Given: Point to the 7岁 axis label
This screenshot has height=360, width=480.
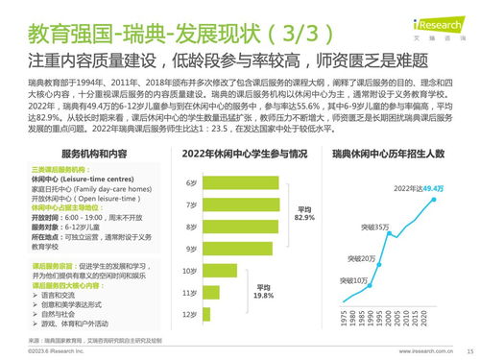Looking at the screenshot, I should pyautogui.click(x=191, y=204).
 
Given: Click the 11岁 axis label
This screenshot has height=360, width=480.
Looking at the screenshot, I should pyautogui.click(x=190, y=292).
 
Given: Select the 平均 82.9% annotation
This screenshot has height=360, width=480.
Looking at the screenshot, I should pyautogui.click(x=305, y=215).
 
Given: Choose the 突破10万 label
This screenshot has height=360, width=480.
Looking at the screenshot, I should pyautogui.click(x=354, y=279).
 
